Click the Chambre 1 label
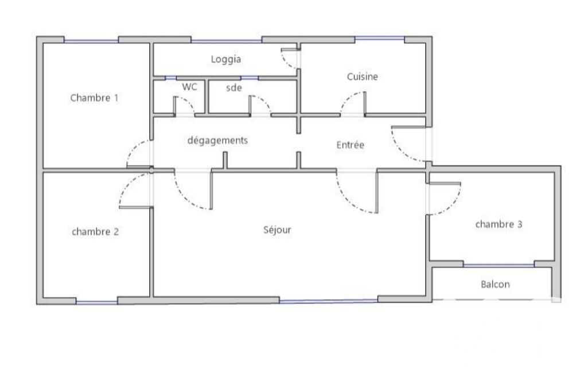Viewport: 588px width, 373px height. click(x=94, y=98)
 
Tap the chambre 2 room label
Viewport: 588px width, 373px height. click(x=95, y=231)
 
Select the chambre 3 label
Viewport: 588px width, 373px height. click(x=499, y=224)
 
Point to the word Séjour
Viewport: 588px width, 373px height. click(x=277, y=230)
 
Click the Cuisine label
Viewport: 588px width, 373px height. click(x=362, y=76)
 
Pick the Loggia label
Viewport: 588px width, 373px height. click(x=226, y=59)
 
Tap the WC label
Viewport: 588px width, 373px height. click(x=189, y=87)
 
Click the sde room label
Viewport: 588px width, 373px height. click(x=234, y=88)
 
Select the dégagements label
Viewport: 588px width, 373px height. click(x=217, y=141)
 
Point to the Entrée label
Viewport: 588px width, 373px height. click(x=351, y=145)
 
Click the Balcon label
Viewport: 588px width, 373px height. click(x=496, y=285)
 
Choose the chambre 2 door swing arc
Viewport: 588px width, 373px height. click(x=127, y=184)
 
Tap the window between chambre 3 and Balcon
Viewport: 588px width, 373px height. click(x=499, y=265)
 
